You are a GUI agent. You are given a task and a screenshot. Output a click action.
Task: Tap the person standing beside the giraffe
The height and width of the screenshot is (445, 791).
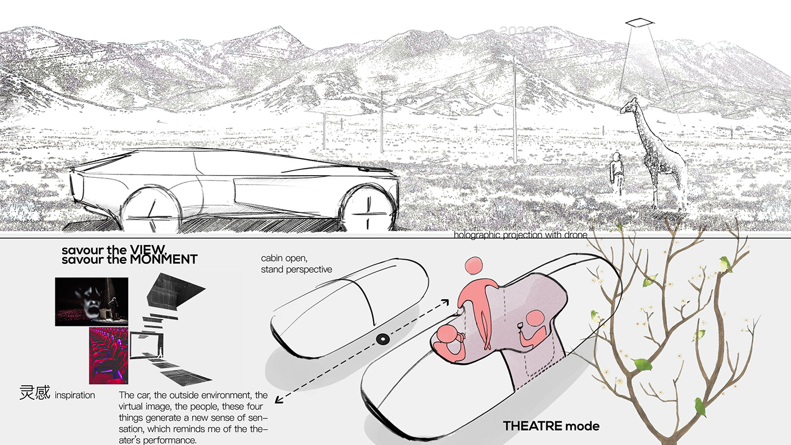coord(617,173)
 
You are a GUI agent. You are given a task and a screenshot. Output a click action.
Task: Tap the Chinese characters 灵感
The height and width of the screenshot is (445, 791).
coord(35,393)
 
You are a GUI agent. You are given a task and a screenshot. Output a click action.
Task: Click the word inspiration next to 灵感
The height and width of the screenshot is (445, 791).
coord(75,395)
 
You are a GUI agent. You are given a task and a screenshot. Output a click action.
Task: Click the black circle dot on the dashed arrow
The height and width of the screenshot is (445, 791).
coord(382,339)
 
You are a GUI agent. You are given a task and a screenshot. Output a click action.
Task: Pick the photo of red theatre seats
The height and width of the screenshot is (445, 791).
coord(108,356)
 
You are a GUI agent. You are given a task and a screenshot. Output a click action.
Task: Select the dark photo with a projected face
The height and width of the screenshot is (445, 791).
coord(92,302)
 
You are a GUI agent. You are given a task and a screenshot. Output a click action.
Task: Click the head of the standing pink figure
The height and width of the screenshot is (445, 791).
coord(473,266)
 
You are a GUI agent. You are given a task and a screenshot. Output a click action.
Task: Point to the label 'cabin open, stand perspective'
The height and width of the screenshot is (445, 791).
coord(296,264)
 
